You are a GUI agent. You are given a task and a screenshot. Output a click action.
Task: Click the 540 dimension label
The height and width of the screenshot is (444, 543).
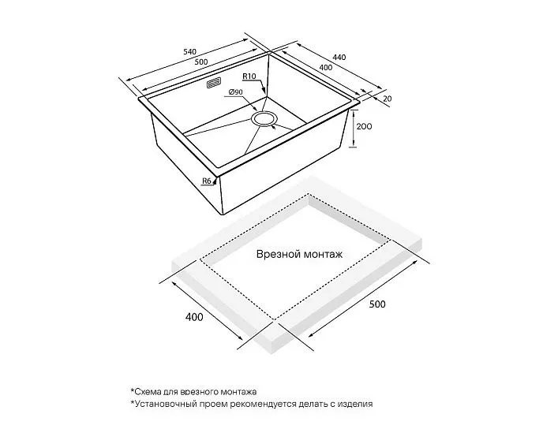coord(189,52)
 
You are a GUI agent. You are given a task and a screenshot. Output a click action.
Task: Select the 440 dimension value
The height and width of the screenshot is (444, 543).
coord(339,57)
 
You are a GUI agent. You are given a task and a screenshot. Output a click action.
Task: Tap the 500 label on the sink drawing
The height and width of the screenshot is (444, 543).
coord(201,62)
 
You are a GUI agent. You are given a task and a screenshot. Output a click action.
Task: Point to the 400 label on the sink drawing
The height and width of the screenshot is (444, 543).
coord(325,67)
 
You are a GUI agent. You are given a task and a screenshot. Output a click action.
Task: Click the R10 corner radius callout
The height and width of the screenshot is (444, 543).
coord(249,76)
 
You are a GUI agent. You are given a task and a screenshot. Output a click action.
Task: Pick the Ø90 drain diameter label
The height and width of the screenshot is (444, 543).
coord(235,92)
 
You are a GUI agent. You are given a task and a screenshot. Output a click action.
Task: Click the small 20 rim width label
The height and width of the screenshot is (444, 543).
coord(388,99)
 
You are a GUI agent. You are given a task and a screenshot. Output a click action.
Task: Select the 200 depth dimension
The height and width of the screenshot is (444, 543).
coord(365,127)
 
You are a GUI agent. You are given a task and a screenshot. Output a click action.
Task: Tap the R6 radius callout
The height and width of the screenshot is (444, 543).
coord(207,181)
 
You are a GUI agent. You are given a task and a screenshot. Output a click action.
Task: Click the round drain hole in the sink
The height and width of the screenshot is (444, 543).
coord(264,118)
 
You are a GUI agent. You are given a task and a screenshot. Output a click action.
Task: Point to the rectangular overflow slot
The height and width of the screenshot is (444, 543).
coord(214,84)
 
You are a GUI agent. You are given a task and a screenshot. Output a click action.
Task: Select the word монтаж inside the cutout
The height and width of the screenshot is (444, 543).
coord(323,255)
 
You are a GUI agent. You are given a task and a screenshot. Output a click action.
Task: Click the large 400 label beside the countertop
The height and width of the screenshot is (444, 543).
coord(195,317)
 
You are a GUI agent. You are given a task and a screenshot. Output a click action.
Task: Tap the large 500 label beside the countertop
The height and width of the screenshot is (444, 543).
coord(377,304)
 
